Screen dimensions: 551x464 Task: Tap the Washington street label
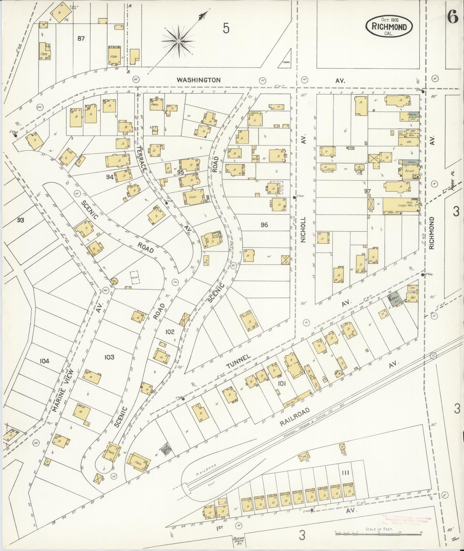[199, 80]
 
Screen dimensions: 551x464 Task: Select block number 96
[264, 225]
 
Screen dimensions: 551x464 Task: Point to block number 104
[44, 361]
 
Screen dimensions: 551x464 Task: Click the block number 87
[81, 39]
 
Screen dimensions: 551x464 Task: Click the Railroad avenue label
[294, 417]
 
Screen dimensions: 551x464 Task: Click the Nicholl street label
[303, 229]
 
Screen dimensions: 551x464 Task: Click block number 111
[346, 472]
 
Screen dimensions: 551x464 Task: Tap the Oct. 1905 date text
[389, 20]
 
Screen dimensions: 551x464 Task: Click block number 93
[21, 220]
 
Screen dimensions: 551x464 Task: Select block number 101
[282, 383]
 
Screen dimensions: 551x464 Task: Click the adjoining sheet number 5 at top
[226, 29]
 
